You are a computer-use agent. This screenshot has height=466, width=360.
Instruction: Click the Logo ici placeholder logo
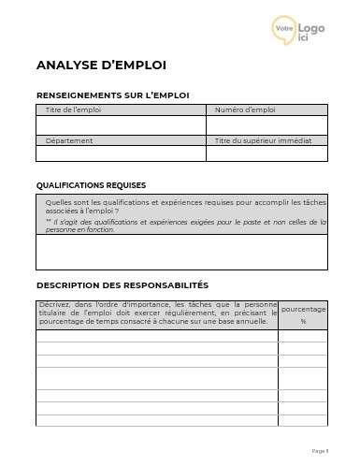(298, 30)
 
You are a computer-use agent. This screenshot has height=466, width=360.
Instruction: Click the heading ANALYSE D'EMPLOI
(101, 66)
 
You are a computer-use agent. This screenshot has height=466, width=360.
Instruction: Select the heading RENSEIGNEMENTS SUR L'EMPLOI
(112, 95)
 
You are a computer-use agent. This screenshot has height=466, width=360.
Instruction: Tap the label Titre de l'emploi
(74, 110)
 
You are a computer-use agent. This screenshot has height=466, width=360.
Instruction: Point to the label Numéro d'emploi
(245, 110)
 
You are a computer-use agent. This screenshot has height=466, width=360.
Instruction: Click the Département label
(69, 140)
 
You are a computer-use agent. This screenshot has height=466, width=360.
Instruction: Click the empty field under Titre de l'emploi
(120, 125)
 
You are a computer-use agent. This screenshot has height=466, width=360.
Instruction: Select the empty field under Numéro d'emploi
(266, 125)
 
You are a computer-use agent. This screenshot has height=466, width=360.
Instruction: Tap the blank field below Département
(120, 153)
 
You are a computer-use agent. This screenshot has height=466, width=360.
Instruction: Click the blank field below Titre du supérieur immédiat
(266, 153)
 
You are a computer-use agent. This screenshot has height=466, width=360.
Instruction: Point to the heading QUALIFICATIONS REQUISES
(91, 185)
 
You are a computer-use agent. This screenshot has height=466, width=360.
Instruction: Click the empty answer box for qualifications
(181, 252)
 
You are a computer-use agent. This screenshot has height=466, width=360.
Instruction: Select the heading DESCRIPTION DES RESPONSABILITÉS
(122, 284)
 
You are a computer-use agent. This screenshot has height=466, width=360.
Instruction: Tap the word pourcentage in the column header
(303, 309)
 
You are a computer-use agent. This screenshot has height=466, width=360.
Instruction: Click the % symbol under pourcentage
(303, 322)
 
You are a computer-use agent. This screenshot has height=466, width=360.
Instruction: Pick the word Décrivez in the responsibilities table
(53, 305)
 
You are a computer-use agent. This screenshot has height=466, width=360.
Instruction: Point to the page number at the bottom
(320, 451)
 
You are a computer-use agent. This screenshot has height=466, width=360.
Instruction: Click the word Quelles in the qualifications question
(57, 201)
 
